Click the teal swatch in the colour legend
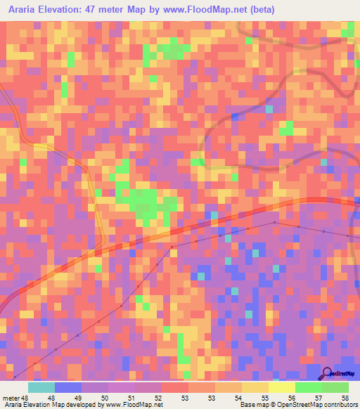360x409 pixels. coord(41,387)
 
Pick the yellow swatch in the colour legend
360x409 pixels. coord(282,387)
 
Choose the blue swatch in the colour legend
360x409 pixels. coord(68,387)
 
